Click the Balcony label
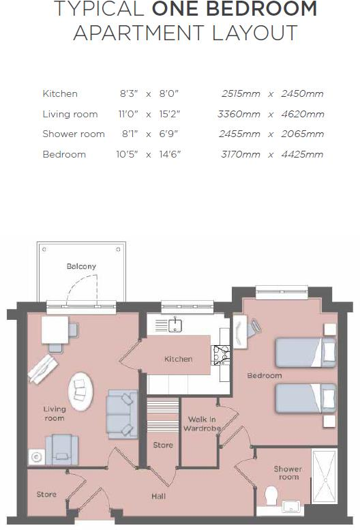[81, 266]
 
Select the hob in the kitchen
[222, 353]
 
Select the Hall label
[158, 496]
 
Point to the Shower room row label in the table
[74, 134]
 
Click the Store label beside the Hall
[46, 495]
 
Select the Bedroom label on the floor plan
[265, 376]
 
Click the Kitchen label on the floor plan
[178, 359]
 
